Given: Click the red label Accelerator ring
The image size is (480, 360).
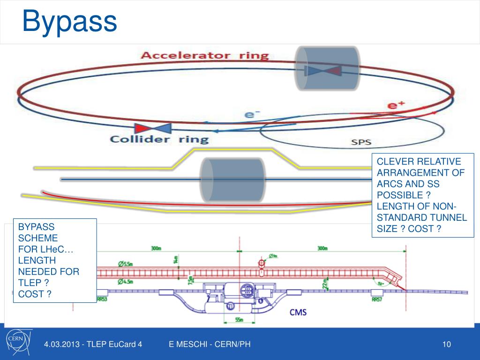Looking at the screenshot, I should pos(205,55).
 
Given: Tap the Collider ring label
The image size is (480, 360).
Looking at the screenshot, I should pos(159,139).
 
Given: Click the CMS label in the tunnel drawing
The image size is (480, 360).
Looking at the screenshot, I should pos(298,312).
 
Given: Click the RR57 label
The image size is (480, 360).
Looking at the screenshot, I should pos(376,299).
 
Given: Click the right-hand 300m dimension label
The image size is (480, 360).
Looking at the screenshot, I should pos(322,248).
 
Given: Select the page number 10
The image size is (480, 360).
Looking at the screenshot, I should pos(446,345).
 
